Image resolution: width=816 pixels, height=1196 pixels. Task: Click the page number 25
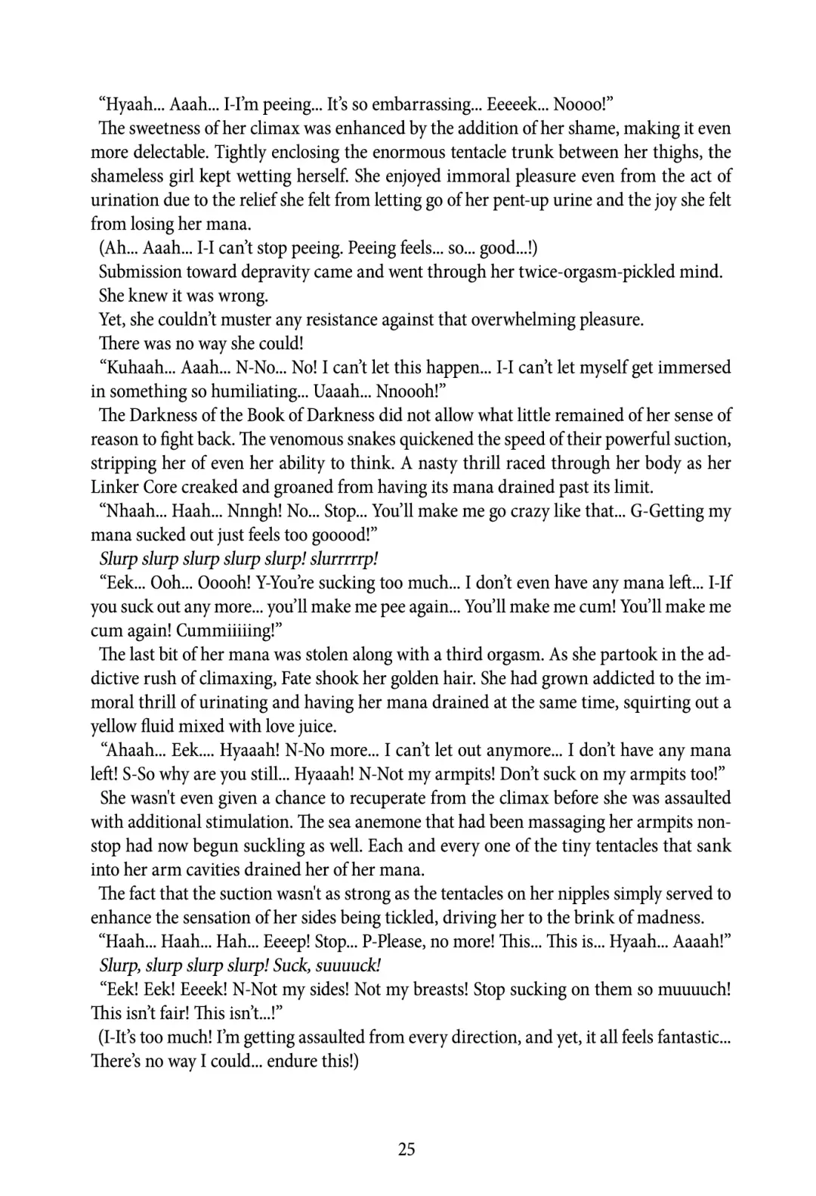406,1149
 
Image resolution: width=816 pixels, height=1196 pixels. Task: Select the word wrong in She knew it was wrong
241,296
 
